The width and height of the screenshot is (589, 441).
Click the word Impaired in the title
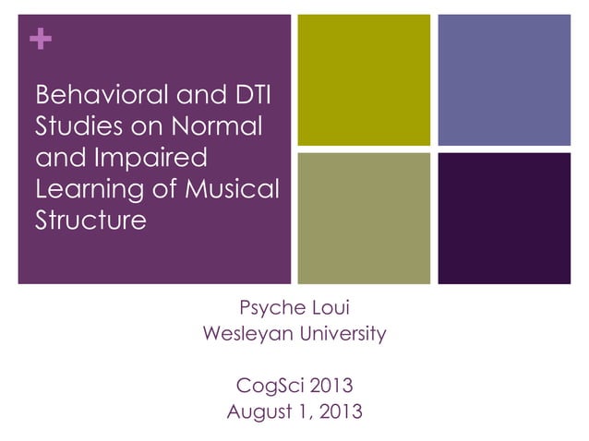pos(153,158)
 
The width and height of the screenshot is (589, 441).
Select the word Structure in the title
pos(90,220)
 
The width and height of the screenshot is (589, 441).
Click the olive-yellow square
pos(364,80)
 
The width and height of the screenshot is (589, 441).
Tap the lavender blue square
pos(504,80)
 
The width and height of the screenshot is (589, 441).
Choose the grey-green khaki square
pos(364,218)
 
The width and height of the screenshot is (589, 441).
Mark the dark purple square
pos(504,218)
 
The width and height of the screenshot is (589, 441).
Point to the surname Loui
pos(331,306)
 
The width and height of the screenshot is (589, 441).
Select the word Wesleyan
pos(248,334)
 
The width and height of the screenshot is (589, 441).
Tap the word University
pos(344,334)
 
